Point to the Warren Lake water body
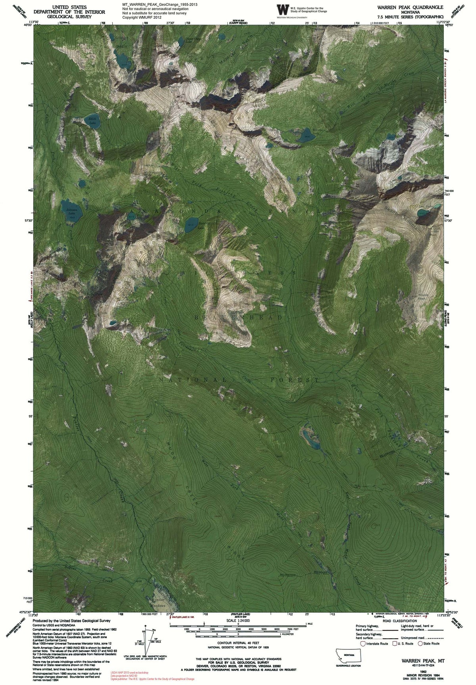coord(307,136)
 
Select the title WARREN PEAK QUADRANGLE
coord(408,7)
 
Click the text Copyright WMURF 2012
coord(142,17)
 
